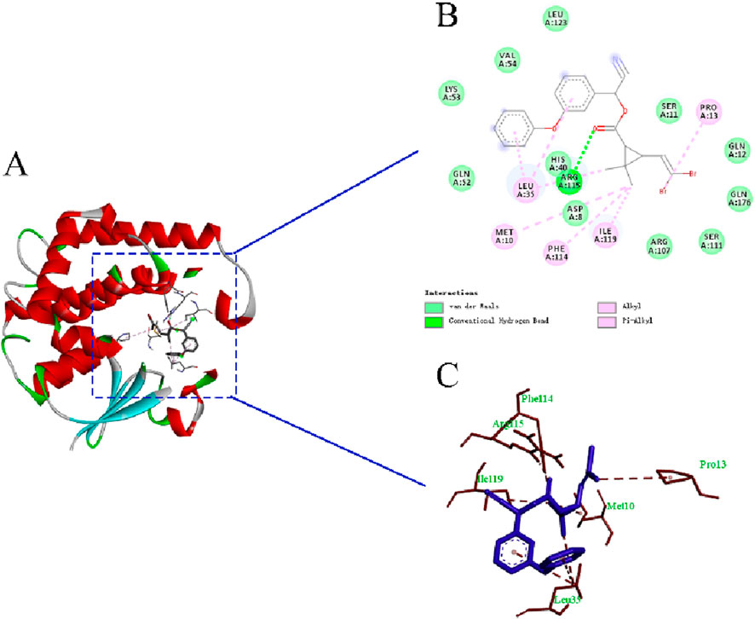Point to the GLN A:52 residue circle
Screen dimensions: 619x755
pos(461,176)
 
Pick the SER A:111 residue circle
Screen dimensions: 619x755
pos(711,240)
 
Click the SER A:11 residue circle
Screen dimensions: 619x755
pos(669,109)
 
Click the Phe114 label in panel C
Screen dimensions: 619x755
pos(535,398)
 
